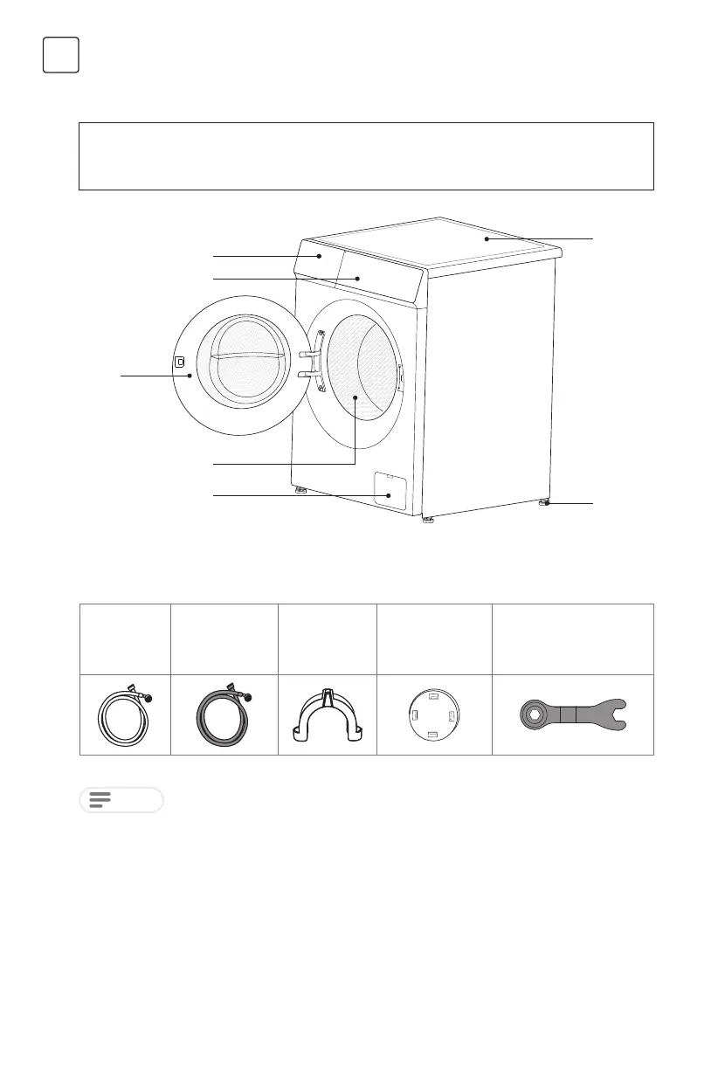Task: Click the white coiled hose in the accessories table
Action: (123, 714)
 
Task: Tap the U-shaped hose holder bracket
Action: (327, 714)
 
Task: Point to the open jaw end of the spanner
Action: (622, 714)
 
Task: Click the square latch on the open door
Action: (179, 362)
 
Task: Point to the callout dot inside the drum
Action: (356, 397)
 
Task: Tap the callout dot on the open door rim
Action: (189, 376)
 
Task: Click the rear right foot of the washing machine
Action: (546, 503)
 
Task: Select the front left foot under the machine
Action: (301, 491)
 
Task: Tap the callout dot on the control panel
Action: (357, 279)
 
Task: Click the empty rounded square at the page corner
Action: (61, 54)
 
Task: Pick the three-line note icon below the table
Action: (101, 800)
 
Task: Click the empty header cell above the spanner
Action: (573, 639)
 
